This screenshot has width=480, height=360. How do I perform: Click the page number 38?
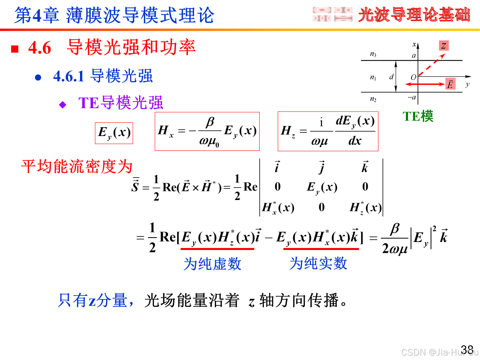click(x=467, y=349)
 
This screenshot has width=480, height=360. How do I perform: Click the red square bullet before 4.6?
click(x=15, y=49)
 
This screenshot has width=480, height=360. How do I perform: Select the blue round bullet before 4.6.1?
click(x=38, y=77)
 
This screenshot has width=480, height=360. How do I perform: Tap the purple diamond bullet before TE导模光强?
click(x=62, y=105)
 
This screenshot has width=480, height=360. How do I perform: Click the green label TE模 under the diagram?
click(x=418, y=116)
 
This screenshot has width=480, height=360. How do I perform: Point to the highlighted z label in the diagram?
click(x=444, y=46)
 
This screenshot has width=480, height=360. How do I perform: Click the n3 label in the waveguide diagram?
click(x=373, y=54)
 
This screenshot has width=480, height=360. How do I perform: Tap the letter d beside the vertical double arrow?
click(x=391, y=77)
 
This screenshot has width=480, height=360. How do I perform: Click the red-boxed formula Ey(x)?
click(x=114, y=133)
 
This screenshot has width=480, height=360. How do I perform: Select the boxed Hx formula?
click(x=207, y=131)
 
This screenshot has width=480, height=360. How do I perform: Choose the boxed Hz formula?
click(x=328, y=131)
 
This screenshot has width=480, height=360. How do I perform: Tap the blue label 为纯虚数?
click(x=212, y=264)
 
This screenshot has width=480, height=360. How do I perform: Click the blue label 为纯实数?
click(x=318, y=264)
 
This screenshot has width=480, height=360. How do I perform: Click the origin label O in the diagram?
click(x=413, y=77)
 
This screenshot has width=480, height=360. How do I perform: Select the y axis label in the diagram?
click(x=467, y=84)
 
